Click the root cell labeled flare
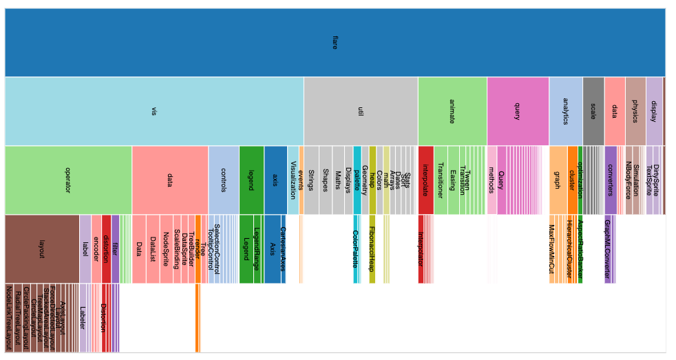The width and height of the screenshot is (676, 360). coord(335,43)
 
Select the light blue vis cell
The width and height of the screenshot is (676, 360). coord(154,111)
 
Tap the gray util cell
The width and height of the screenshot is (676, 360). coord(361,111)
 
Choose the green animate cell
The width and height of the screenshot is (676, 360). coord(452,111)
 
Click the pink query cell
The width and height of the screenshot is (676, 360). coord(518,111)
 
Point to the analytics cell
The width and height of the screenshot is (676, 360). coord(566,111)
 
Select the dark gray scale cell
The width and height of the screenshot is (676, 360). coord(593,111)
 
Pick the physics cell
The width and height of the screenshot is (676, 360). coord(635,111)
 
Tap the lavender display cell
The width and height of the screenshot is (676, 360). coord(654,111)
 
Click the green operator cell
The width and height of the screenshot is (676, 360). coord(68,180)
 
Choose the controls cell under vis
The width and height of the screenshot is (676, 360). coord(224,180)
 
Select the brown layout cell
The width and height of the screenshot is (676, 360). coord(42,248)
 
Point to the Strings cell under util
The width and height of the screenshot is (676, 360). coord(311,180)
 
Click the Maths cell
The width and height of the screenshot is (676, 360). coord(339,180)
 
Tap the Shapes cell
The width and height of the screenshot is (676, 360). coord(326,180)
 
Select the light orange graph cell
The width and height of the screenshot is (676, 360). coord(558,180)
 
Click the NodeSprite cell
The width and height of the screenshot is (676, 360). coord(166,248)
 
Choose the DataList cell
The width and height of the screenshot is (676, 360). coord(153,248)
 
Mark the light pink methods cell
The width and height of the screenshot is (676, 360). coord(492,180)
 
